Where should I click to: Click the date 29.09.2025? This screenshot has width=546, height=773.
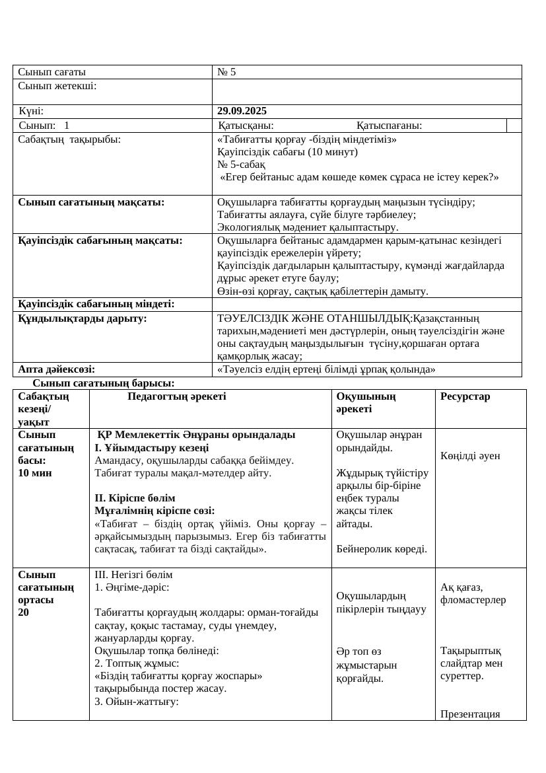pos(242,111)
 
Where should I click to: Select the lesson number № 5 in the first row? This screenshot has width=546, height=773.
pos(226,72)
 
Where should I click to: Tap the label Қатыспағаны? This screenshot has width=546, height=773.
pos(390,126)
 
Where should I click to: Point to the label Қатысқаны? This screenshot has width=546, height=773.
pos(246,126)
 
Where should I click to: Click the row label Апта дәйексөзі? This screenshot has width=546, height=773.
pos(56,369)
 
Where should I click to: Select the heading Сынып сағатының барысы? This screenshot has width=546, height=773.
pos(104,383)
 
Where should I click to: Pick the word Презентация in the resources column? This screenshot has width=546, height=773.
pos(470,714)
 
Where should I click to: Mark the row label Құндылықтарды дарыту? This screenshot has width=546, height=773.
pos(83,318)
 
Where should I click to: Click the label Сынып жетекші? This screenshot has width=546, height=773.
pos(57,86)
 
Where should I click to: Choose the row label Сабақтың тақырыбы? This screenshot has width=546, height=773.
pos(69,139)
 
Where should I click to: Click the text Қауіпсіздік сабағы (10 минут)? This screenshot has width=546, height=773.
pos(287,152)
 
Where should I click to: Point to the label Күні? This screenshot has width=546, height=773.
pos(32,111)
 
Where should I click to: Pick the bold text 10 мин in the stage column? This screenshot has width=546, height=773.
pos(35,473)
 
